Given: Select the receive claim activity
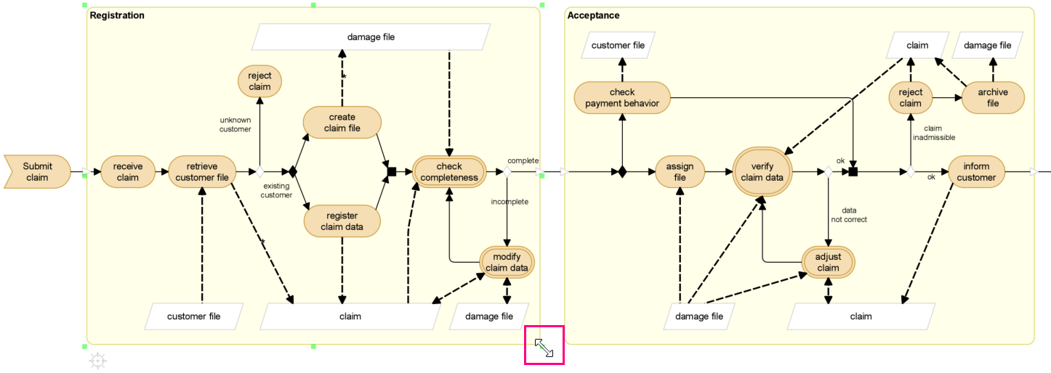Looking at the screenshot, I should point(127,172).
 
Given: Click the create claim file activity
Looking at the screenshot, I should point(342,123).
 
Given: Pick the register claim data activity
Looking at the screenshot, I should point(342,221).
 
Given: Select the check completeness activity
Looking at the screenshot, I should point(449,172).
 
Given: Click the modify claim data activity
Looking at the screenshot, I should point(507,262).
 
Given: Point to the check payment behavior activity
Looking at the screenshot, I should point(622,97).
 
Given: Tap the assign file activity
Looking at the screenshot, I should point(680,172).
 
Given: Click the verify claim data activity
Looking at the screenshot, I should point(762,172).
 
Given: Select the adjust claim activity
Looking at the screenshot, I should point(828,262).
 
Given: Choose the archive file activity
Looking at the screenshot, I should point(993,97).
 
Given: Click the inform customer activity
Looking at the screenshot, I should point(977,172).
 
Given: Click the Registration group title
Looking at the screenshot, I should point(117,15).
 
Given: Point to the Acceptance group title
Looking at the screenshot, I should point(593,15).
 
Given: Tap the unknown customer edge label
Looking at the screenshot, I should point(235,124).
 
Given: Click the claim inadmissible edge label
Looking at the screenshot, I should point(933,133).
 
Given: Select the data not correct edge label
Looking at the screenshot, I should point(849,215).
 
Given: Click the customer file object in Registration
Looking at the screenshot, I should point(193,316).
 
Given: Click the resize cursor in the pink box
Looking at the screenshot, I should point(544,348).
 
